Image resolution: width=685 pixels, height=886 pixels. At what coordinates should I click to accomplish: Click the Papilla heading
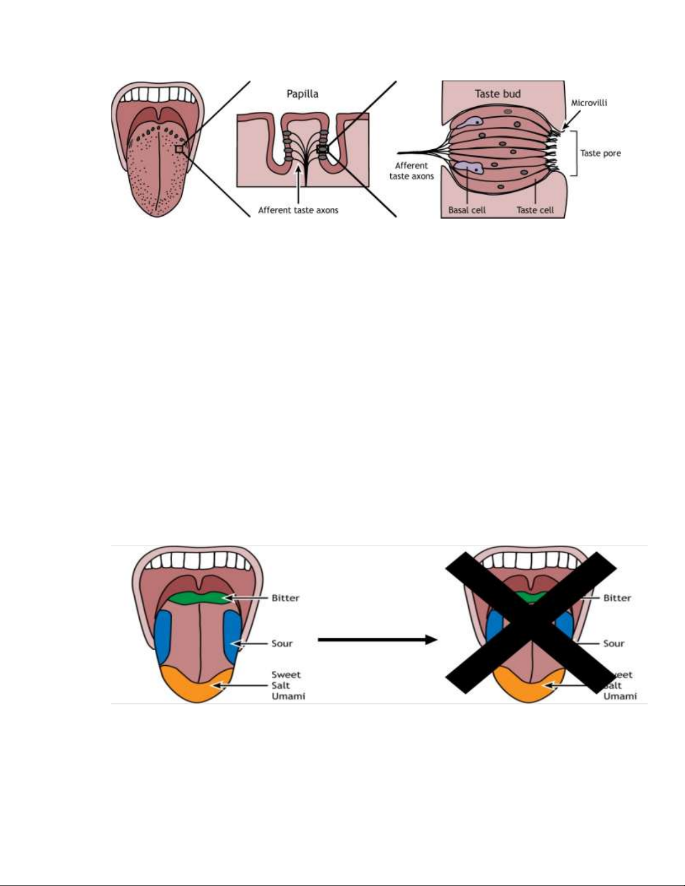(x=303, y=94)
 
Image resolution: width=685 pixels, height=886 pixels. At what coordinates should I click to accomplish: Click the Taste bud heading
(x=498, y=94)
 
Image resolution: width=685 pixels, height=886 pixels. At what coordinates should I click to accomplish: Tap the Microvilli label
(x=589, y=103)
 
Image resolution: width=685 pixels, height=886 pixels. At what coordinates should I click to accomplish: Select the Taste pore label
(x=600, y=153)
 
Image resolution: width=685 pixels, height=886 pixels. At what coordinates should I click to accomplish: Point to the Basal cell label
(x=467, y=210)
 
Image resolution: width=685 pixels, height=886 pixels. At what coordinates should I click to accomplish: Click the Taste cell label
(x=535, y=210)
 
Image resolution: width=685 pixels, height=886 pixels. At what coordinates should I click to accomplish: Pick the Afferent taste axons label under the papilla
(x=298, y=210)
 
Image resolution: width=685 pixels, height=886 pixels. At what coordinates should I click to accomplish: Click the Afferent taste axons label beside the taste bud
(x=412, y=170)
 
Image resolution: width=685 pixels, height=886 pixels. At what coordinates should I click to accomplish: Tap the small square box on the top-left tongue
(x=179, y=149)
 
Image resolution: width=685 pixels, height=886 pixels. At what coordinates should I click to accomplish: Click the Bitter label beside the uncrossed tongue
(x=285, y=598)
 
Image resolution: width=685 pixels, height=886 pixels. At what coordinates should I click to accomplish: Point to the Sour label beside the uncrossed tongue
(x=282, y=643)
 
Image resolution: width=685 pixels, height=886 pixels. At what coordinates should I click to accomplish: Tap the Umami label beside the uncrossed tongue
(x=288, y=696)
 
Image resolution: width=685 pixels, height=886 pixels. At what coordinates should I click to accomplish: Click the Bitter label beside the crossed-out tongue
(x=617, y=598)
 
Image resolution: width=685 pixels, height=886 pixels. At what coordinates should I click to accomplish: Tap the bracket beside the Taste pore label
(x=574, y=153)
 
